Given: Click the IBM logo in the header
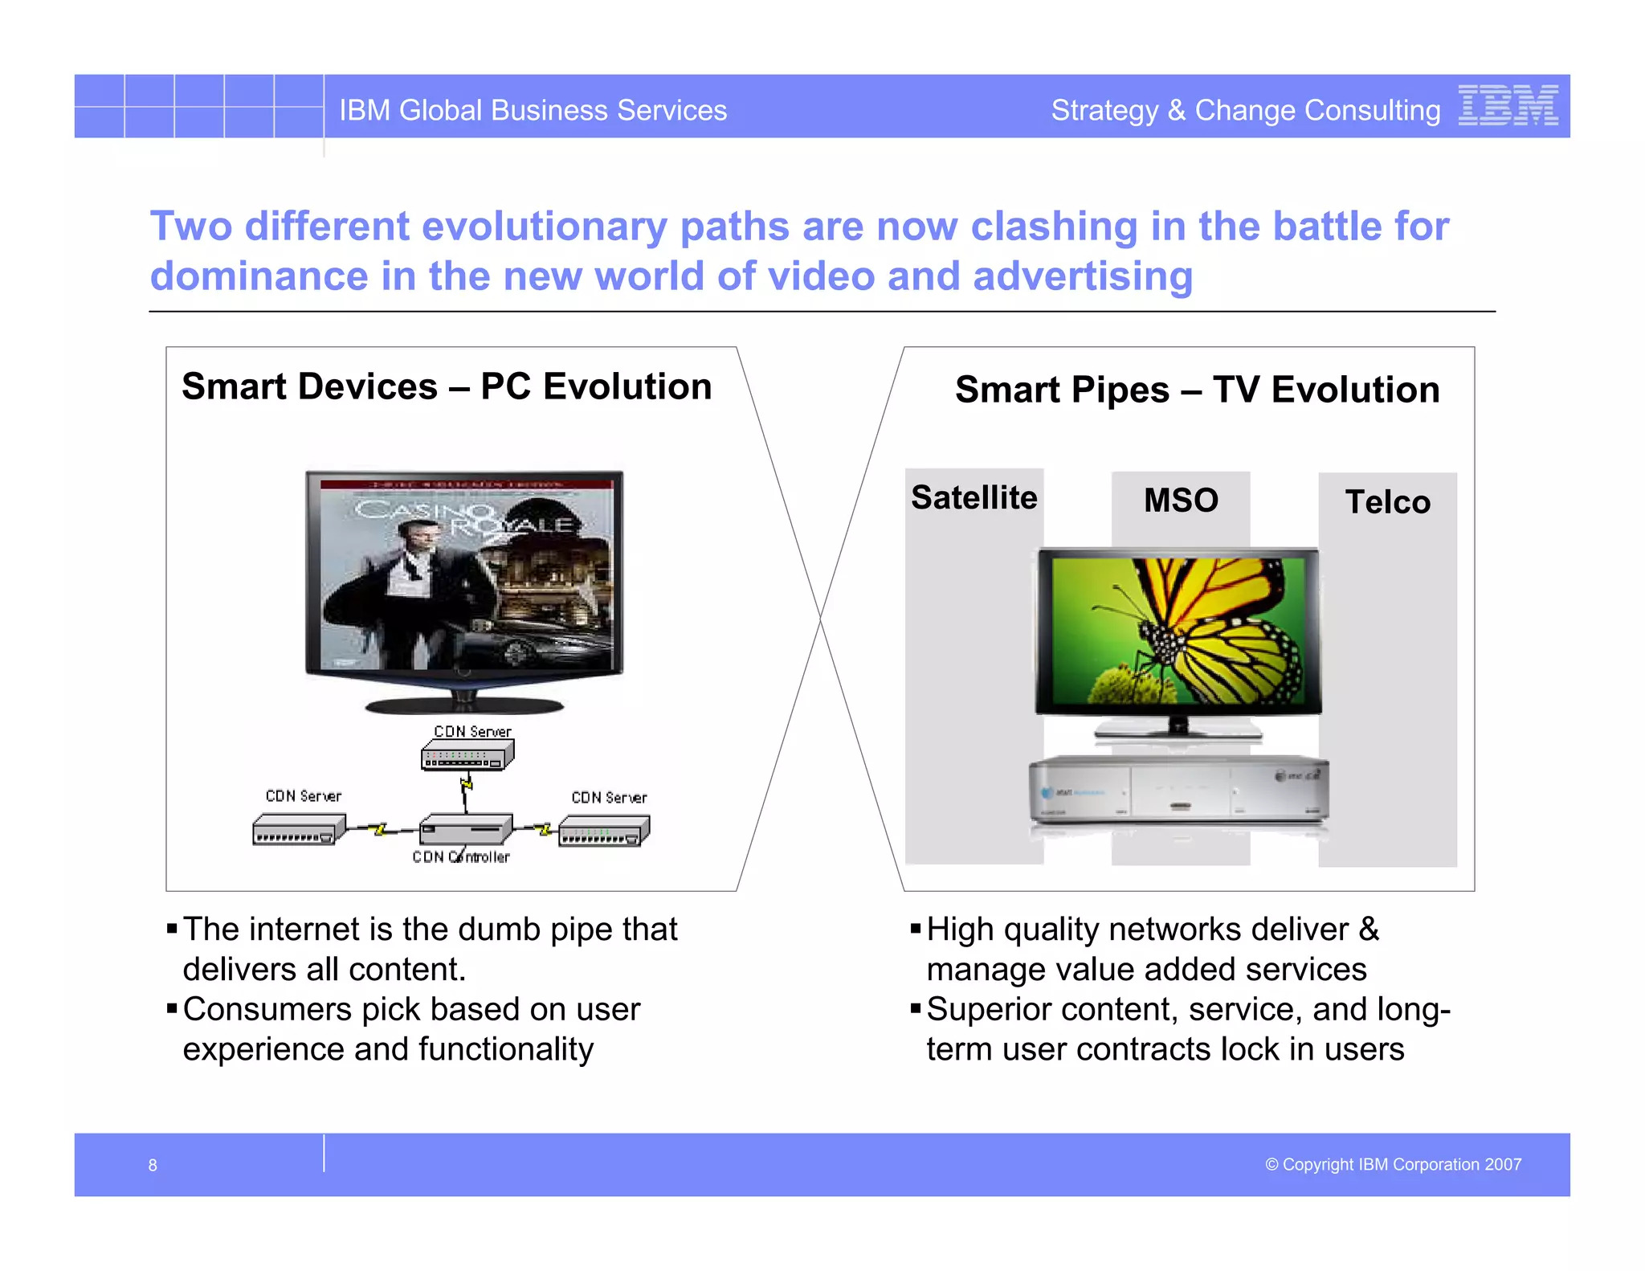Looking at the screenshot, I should coord(1508,106).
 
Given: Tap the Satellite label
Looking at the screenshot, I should coord(974,497).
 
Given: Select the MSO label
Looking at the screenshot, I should coord(1181,501).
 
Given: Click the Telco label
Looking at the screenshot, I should coord(1387,502).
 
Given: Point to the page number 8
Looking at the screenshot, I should coord(153,1165).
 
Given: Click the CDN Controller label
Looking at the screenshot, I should coord(461,857).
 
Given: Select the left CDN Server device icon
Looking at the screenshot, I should coord(298,829).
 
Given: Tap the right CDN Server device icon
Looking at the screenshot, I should coord(604,831).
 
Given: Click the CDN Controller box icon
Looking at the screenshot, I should coord(466,829).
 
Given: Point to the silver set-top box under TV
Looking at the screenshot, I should coord(1178,791).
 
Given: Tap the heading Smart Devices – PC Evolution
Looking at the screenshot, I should coord(447,386).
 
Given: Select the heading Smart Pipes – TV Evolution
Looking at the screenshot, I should coord(1197,390).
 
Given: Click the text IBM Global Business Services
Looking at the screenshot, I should coord(533,110).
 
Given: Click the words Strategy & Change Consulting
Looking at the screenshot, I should coord(1245,110).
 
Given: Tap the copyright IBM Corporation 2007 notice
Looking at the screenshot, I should coord(1393,1164).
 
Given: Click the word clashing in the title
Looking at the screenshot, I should coord(1054,227).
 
